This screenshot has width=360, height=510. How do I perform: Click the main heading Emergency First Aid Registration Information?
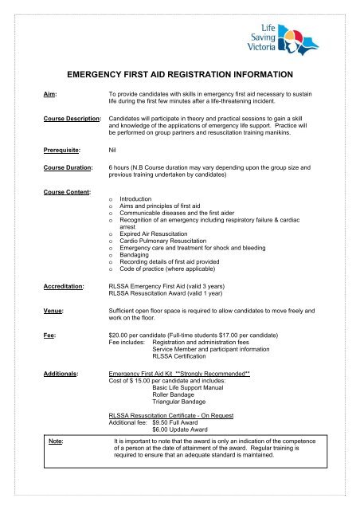180,75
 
